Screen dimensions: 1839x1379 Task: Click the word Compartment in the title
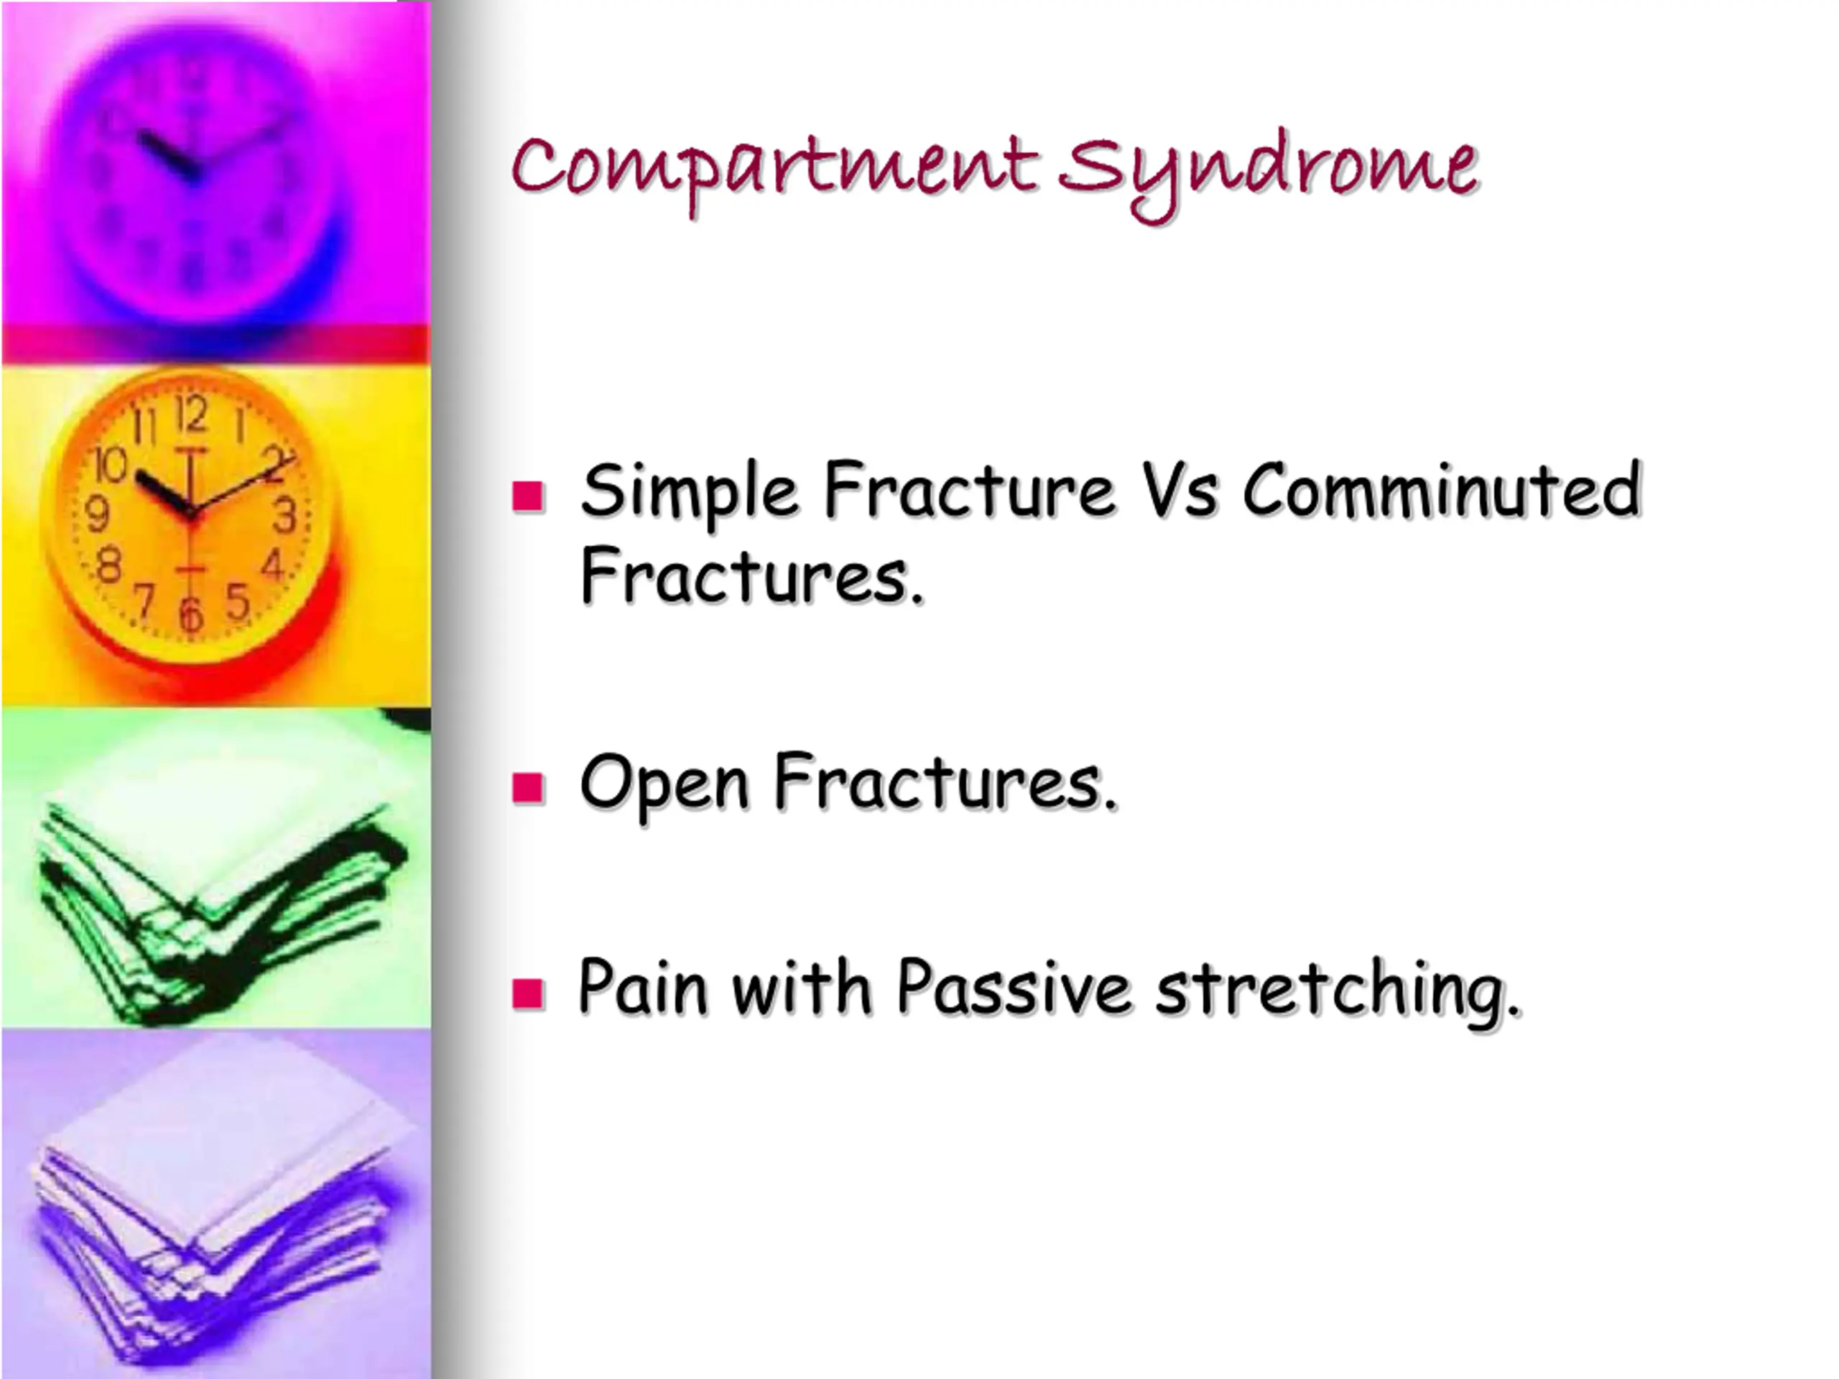(774, 169)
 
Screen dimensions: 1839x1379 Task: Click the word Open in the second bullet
(664, 784)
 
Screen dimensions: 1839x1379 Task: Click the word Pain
(641, 987)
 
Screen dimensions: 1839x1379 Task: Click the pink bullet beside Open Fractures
(528, 786)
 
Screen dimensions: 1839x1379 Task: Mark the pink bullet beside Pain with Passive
(528, 993)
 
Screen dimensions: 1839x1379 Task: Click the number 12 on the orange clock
(191, 413)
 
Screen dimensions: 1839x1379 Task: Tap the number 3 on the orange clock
(285, 514)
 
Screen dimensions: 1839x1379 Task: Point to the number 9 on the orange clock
(97, 513)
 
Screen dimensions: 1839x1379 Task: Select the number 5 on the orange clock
(238, 600)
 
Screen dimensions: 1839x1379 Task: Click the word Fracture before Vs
(968, 491)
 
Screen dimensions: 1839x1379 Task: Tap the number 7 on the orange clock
(146, 601)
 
